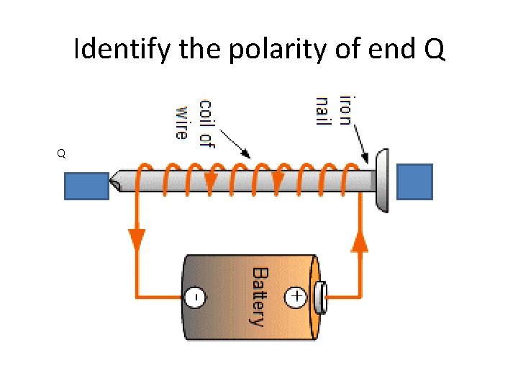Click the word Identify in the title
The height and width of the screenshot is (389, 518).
coord(120,50)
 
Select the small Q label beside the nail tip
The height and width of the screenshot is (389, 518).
coord(62,153)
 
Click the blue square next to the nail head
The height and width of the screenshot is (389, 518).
coord(415,182)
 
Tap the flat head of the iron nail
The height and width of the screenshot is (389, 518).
coord(382,181)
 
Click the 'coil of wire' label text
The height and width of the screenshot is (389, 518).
coord(195,118)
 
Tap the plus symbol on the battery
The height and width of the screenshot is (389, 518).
coord(296,295)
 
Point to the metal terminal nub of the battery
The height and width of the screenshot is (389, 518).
coord(320,296)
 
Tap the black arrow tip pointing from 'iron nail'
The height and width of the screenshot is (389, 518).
coord(368,161)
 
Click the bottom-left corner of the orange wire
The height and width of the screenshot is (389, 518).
coord(137,296)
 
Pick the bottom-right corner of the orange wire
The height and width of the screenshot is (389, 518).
coord(360,296)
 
